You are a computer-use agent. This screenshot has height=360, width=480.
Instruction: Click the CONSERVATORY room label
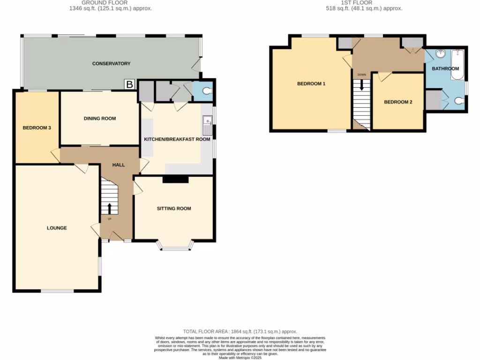111,63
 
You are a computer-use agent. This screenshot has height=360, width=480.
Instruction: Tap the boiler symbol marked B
130,85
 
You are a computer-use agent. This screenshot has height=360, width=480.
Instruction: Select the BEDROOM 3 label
37,127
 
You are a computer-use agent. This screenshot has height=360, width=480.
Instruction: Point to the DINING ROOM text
100,119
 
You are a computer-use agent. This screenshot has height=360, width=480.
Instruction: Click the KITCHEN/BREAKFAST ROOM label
177,140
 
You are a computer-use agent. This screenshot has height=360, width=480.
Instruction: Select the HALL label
119,165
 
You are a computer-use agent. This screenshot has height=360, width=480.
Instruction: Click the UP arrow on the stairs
110,209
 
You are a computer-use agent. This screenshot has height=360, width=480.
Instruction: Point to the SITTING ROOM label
174,209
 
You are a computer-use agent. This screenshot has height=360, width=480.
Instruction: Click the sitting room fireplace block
175,179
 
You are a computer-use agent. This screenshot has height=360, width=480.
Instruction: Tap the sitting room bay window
175,245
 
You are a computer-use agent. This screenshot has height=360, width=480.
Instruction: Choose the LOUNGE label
57,228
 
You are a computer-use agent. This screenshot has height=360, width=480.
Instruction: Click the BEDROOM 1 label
311,84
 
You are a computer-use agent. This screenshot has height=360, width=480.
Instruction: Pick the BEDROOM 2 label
398,102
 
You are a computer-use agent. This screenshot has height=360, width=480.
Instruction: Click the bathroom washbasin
440,54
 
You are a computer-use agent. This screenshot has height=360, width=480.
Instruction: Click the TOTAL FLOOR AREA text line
240,331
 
